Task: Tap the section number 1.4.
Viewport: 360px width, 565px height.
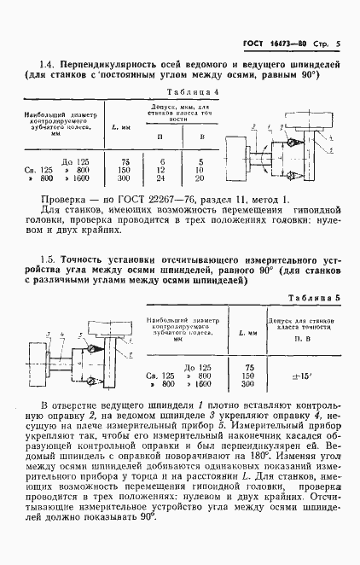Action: coord(47,64)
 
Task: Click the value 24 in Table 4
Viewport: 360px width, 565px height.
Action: coord(160,179)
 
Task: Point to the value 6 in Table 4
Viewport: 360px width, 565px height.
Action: coord(160,160)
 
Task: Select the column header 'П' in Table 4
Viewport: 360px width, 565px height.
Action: coord(160,137)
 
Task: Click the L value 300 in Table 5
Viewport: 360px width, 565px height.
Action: coord(249,384)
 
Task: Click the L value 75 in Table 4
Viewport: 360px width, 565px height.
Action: coord(125,160)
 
